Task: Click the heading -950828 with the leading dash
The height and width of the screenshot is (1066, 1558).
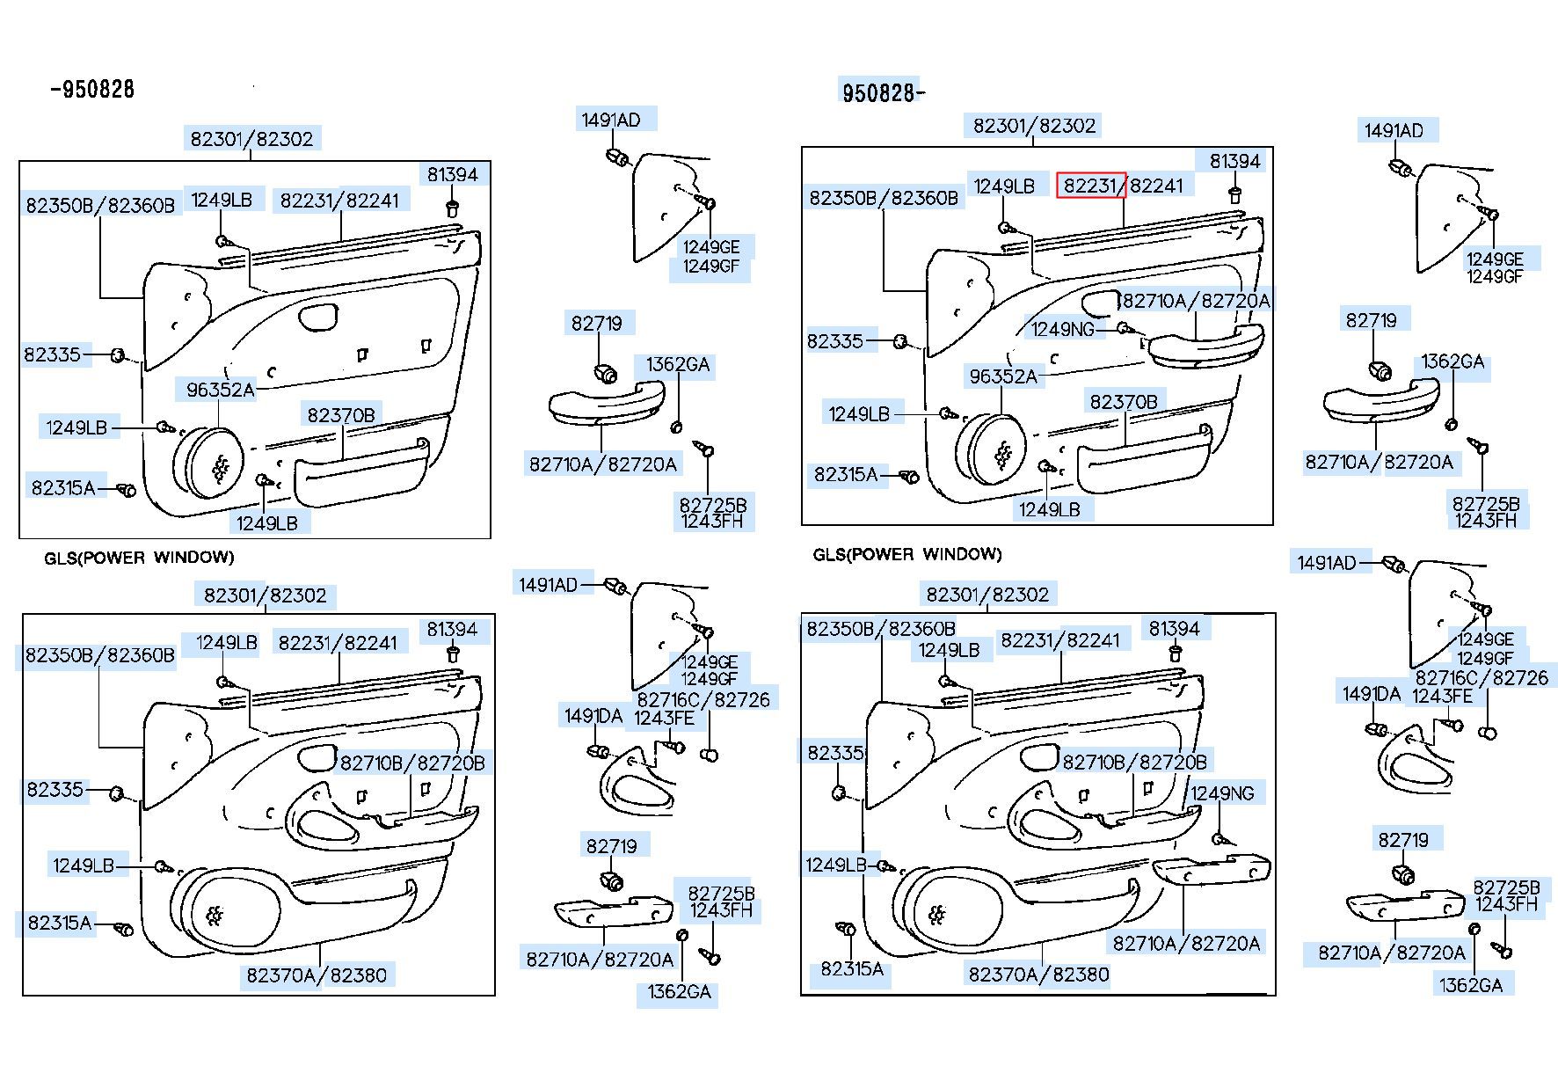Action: click(x=91, y=89)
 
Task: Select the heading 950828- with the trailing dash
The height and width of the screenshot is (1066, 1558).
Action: click(x=883, y=92)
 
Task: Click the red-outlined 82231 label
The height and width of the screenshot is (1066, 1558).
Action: click(x=1090, y=186)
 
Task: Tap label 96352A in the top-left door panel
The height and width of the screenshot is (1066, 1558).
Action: click(x=220, y=390)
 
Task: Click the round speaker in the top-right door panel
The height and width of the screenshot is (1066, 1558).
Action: click(x=997, y=451)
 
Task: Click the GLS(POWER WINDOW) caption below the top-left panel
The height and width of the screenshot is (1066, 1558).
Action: click(x=139, y=557)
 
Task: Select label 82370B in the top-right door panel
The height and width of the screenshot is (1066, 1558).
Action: click(x=1124, y=402)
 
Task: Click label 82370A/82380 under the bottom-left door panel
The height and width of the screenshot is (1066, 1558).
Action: click(x=316, y=975)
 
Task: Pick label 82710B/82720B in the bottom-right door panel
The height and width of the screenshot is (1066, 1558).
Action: click(x=1134, y=762)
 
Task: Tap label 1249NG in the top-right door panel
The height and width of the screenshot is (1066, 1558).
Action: click(x=1063, y=329)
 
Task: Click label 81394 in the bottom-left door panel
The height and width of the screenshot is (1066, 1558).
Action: click(x=452, y=630)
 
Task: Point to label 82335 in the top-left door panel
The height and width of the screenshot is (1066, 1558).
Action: click(x=52, y=354)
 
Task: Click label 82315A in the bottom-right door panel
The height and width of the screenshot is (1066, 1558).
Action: click(x=851, y=969)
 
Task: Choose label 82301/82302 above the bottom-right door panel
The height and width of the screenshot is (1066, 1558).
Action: click(x=987, y=595)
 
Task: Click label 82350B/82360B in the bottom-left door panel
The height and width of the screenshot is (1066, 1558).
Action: click(x=99, y=655)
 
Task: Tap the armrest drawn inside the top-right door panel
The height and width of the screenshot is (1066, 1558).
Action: click(x=1205, y=346)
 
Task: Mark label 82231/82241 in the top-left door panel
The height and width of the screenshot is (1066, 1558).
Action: click(x=339, y=201)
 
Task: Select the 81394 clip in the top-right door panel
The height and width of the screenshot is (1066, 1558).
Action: click(x=1234, y=194)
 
